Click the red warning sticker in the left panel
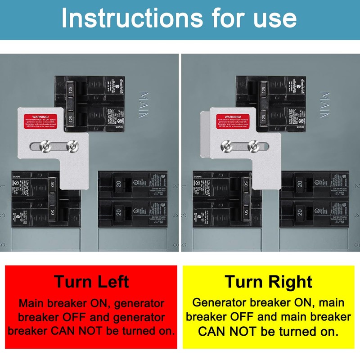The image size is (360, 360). click(43, 121)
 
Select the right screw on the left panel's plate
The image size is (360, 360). click(71, 146)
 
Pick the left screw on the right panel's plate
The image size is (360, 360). click(226, 146)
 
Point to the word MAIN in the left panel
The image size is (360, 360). click(144, 105)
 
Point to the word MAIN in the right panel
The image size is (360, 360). click(325, 105)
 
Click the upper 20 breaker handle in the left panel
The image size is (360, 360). click(118, 184)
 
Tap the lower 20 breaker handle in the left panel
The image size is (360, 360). click(118, 211)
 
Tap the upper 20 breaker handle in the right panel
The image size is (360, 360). click(299, 184)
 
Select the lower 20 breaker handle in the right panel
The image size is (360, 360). click(299, 211)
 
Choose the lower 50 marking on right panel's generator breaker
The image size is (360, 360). click(246, 212)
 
